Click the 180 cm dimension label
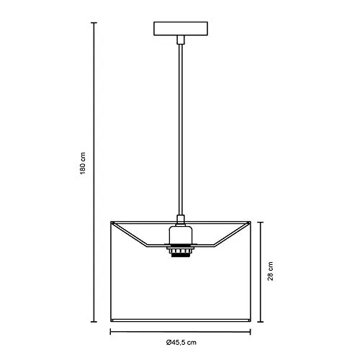[83, 163]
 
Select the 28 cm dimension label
[271, 271]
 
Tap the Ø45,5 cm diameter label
[181, 343]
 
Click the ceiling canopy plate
[181, 29]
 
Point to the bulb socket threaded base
[181, 253]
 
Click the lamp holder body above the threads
[181, 235]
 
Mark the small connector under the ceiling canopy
[181, 40]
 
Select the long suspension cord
[181, 130]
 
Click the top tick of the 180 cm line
[94, 23]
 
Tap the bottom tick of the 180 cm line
[94, 322]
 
